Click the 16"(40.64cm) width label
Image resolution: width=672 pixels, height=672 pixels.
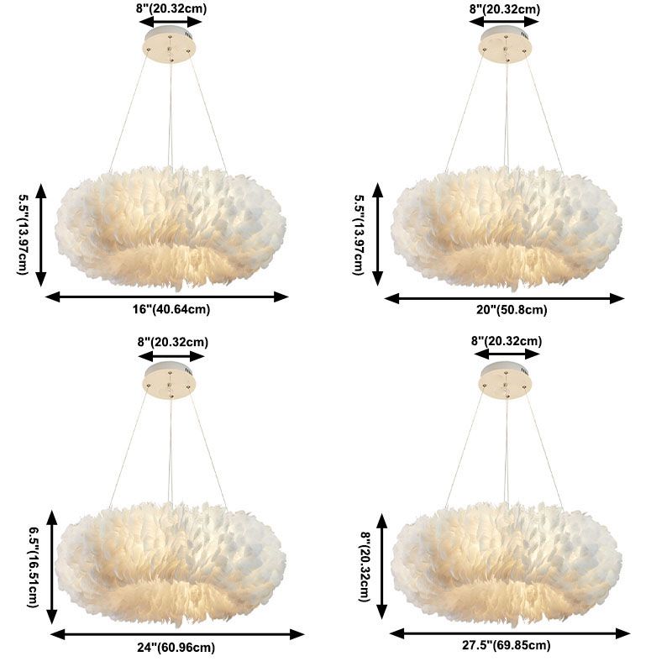pos(171,309)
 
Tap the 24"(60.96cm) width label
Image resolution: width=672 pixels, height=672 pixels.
pos(174,648)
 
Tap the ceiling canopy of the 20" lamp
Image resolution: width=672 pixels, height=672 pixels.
pos(507,45)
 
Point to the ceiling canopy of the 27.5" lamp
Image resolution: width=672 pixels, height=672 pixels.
pos(507,380)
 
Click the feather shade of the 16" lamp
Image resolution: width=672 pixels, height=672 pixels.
pos(171,225)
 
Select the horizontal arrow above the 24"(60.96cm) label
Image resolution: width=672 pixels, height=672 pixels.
pos(177,634)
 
